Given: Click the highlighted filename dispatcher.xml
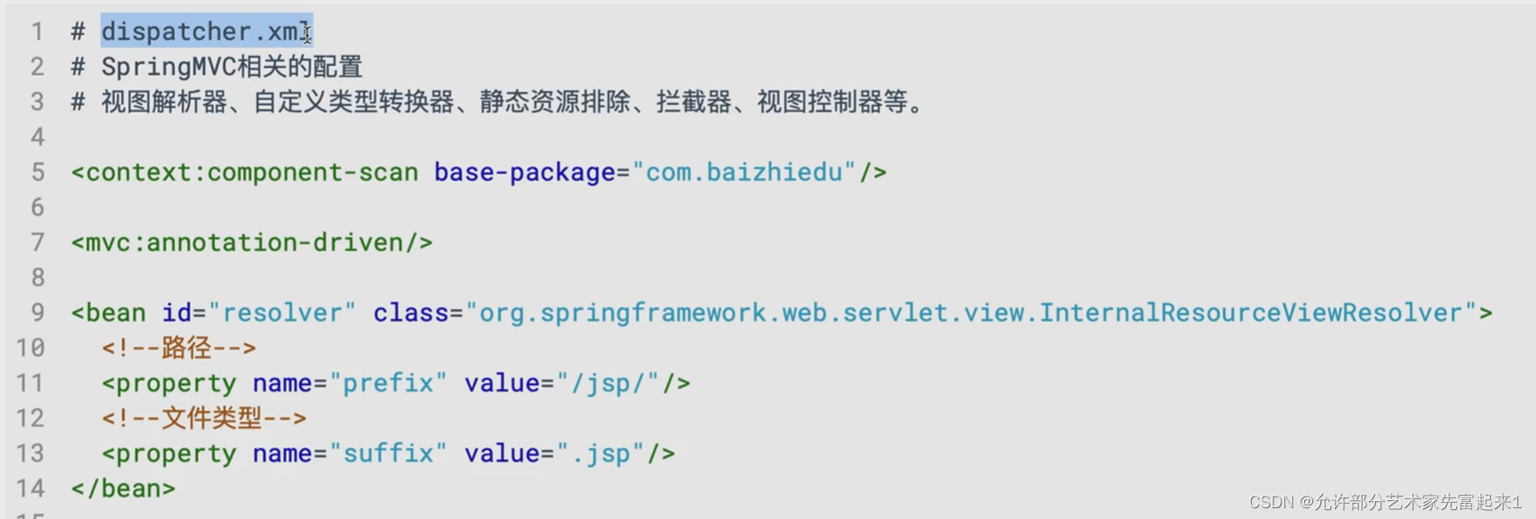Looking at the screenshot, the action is click(x=205, y=31).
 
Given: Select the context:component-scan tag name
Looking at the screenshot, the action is click(x=252, y=172).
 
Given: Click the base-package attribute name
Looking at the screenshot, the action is click(x=524, y=172).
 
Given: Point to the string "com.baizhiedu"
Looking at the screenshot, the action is click(x=743, y=172).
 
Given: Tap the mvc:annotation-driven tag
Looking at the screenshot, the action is click(x=252, y=243).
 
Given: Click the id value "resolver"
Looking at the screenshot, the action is click(x=281, y=313).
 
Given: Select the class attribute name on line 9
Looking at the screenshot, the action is click(x=410, y=313).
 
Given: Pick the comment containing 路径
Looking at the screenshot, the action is click(x=179, y=348).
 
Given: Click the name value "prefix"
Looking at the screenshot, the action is click(x=387, y=383).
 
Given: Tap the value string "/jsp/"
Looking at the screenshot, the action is click(x=608, y=383).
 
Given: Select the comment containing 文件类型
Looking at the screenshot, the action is click(x=204, y=418).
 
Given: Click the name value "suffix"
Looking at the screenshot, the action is click(x=387, y=453).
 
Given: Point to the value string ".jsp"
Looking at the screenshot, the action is click(x=600, y=453).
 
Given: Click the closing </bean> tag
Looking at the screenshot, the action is click(x=123, y=488).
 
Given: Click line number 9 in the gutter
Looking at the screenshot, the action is click(x=37, y=313).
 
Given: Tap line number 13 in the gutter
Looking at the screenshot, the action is click(x=30, y=453).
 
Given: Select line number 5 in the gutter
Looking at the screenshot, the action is click(x=37, y=172).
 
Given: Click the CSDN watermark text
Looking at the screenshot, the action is click(x=1385, y=502).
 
